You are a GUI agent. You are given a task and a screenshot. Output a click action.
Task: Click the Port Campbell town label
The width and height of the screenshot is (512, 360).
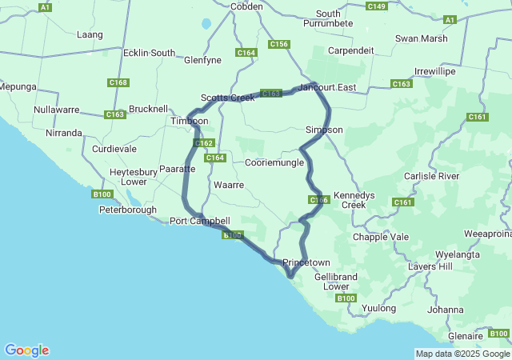pos(200,221)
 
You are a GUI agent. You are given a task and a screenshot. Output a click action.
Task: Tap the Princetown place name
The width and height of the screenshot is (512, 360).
pos(306,262)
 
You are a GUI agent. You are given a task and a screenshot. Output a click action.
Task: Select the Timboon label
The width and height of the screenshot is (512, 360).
pos(190,121)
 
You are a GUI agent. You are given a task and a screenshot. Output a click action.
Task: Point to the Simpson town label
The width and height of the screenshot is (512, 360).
pos(324,130)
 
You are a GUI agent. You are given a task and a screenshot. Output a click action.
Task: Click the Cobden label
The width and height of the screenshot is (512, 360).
pos(246,6)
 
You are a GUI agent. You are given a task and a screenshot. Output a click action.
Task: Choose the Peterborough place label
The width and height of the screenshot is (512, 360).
pos(128,210)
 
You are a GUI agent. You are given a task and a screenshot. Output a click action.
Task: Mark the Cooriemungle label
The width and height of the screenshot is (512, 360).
pos(274,162)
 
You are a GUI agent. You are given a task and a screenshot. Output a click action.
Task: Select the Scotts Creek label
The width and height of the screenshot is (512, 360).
pos(228,97)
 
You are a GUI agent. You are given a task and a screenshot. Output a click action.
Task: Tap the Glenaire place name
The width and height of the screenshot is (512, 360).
pos(466,336)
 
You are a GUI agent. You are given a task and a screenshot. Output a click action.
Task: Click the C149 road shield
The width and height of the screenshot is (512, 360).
pos(377,6)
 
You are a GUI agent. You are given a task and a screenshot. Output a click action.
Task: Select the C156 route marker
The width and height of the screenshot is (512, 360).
pos(279,44)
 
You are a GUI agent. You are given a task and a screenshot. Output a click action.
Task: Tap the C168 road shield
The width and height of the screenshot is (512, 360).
pos(118,82)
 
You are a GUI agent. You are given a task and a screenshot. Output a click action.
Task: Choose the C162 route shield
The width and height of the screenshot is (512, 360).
pos(204,143)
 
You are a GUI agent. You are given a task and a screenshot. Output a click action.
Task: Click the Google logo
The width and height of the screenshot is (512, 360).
pos(26,350)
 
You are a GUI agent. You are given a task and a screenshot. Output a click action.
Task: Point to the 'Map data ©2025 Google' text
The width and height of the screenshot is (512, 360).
pos(462,354)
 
